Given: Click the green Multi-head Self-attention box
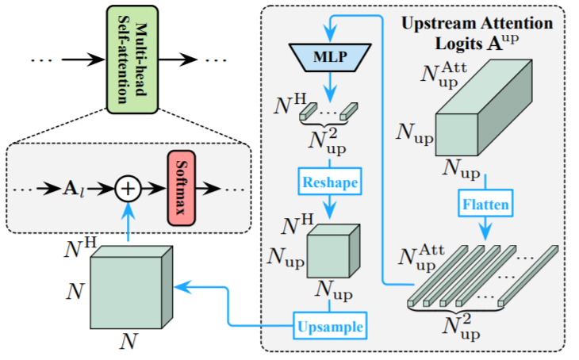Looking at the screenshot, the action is (132, 59).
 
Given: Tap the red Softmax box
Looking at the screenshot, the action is (182, 188).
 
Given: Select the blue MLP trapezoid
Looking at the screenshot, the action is (330, 57).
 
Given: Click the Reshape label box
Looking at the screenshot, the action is (330, 182).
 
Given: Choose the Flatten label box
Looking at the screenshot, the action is (485, 204).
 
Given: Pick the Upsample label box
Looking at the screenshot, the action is (330, 326).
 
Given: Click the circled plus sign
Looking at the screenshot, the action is (128, 189).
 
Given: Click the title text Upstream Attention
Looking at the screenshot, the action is (477, 23).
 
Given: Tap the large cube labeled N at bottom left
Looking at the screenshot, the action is (132, 288).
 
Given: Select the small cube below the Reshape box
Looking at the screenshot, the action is (333, 251).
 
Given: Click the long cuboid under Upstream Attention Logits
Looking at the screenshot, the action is (484, 108).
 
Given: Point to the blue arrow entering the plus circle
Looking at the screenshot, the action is (128, 222).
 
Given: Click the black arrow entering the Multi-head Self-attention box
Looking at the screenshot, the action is (83, 59).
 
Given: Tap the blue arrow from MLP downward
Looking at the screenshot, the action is (330, 87).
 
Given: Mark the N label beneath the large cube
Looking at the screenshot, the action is (128, 341).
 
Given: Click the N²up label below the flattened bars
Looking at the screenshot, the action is (462, 328).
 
